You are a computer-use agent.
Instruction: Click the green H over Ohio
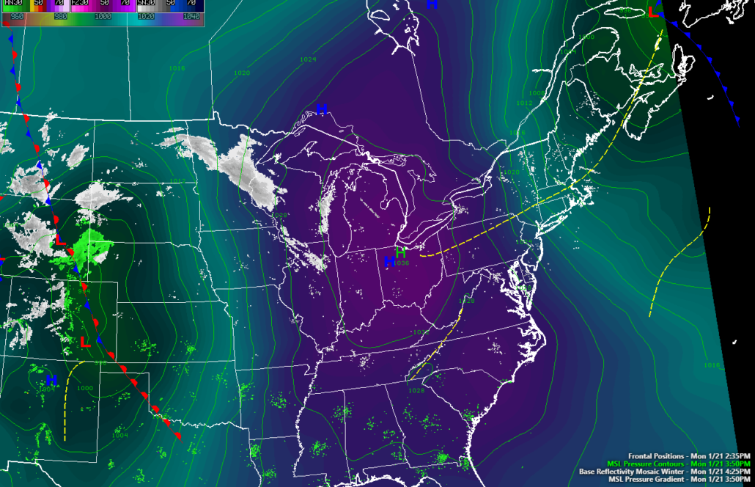click(x=400, y=253)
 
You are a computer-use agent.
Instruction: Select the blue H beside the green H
click(x=388, y=261)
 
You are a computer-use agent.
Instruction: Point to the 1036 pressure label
click(x=400, y=263)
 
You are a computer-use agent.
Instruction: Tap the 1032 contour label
click(x=420, y=332)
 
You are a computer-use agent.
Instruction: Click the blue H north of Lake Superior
click(x=321, y=109)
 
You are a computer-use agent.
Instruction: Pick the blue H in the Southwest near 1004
click(x=51, y=380)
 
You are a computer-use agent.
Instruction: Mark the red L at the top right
click(x=653, y=12)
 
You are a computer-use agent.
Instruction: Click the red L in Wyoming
click(x=61, y=239)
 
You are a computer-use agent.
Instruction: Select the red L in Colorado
click(x=84, y=342)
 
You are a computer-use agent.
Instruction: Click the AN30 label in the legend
click(x=14, y=4)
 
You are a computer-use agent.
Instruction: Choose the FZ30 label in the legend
click(x=80, y=4)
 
